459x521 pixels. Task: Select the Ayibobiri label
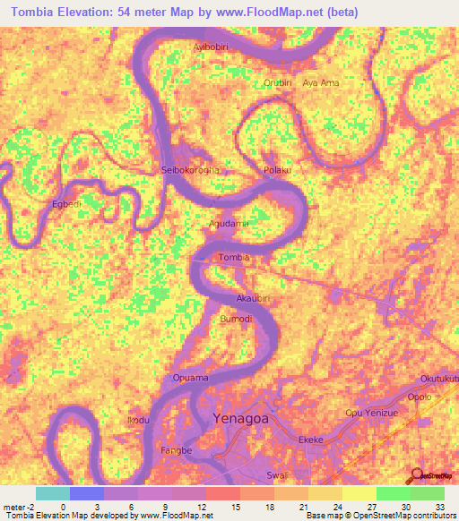coord(213,46)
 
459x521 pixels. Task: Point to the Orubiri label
coord(278,82)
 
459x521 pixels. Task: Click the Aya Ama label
coord(321,82)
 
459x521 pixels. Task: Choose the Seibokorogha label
coord(189,170)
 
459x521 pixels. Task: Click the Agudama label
coord(229,223)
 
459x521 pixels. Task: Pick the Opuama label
coord(191,379)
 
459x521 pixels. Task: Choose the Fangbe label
coord(176,450)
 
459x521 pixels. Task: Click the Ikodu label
coord(138,420)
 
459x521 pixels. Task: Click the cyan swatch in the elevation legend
coord(53,493)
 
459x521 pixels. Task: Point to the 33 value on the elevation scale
coord(439,507)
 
